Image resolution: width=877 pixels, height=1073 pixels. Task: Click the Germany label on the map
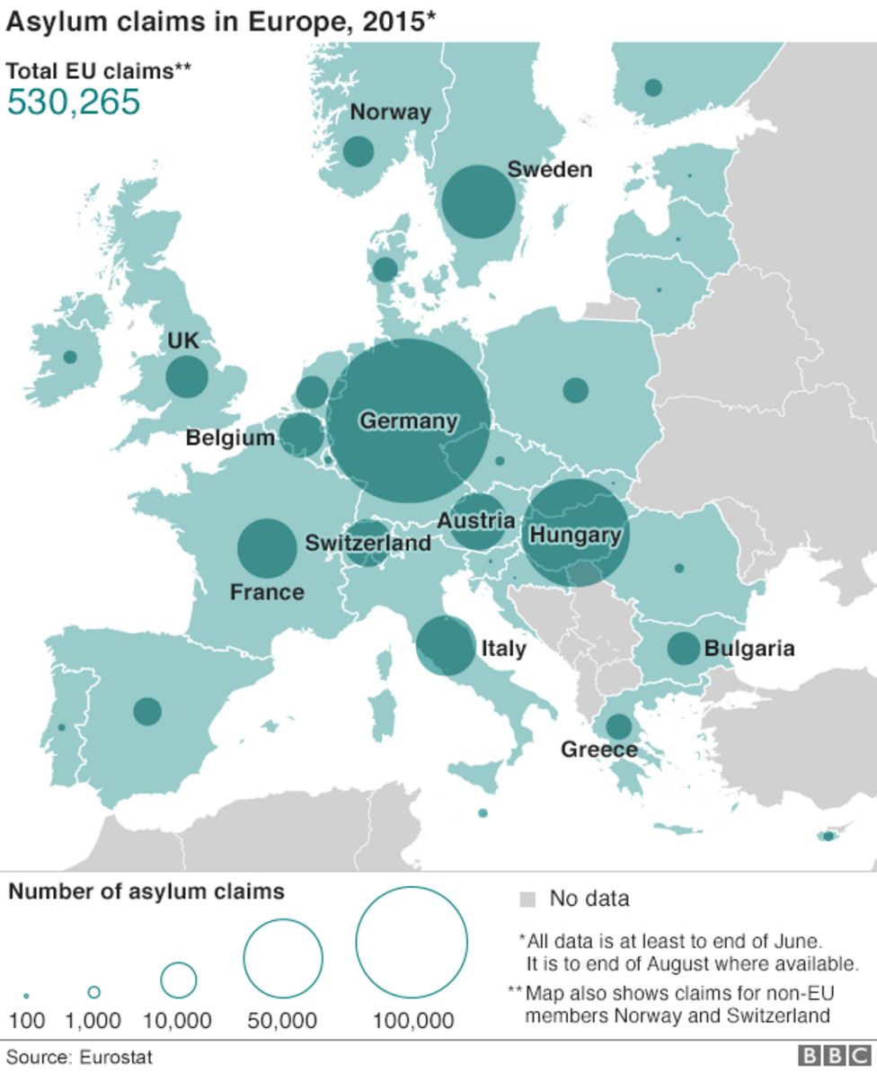[408, 421]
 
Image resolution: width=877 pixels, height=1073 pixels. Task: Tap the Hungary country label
[575, 536]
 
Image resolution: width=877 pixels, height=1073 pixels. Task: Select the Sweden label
[549, 169]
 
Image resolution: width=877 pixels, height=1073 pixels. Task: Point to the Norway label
[390, 112]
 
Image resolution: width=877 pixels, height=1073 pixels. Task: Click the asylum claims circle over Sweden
[478, 201]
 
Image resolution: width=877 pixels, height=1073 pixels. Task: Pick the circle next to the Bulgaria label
[683, 648]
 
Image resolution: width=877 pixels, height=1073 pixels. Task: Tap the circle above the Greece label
[618, 726]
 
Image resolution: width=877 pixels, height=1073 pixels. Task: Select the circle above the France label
[267, 548]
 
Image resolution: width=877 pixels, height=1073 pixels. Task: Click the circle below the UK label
[187, 377]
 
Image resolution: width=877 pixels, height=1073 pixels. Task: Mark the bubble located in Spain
[147, 711]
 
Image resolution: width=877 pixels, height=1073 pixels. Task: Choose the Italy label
[503, 648]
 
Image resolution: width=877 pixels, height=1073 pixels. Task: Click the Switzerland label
[368, 544]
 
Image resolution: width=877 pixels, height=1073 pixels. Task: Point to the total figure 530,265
[74, 102]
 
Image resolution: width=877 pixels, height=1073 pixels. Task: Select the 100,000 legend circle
[412, 942]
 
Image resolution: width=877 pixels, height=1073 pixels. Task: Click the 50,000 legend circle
[283, 958]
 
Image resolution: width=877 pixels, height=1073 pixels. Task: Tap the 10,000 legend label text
[178, 1021]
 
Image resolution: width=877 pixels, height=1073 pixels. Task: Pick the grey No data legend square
[527, 899]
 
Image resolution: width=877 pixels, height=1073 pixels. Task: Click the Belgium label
[230, 439]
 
